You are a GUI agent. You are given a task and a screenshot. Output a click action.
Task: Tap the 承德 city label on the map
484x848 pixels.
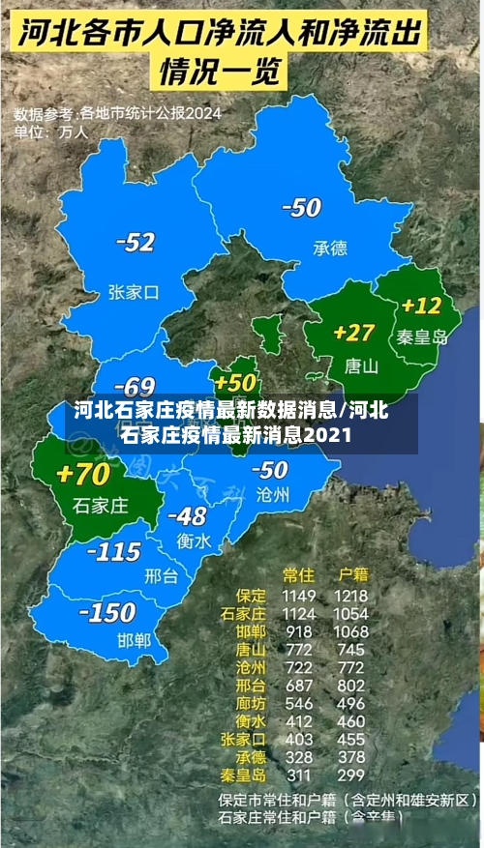[329, 248]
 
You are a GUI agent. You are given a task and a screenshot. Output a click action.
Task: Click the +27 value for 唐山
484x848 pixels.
[353, 332]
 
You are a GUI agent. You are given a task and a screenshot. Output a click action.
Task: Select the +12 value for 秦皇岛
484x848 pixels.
[421, 306]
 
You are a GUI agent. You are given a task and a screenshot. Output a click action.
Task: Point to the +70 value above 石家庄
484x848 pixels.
[83, 474]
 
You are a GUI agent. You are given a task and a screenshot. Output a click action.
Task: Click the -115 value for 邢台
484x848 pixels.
[114, 551]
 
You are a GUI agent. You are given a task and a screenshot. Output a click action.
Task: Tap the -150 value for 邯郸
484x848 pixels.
[106, 612]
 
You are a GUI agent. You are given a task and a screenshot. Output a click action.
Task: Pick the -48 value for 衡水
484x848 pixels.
[186, 516]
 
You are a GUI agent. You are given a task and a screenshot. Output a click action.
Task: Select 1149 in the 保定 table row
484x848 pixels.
[299, 596]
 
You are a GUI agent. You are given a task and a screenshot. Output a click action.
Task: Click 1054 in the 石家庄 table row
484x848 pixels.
[351, 614]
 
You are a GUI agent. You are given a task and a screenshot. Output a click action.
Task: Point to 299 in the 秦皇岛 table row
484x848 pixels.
[351, 775]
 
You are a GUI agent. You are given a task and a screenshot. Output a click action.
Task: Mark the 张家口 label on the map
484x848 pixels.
[133, 291]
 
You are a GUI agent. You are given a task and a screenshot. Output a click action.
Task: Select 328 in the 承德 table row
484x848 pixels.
[299, 756]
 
